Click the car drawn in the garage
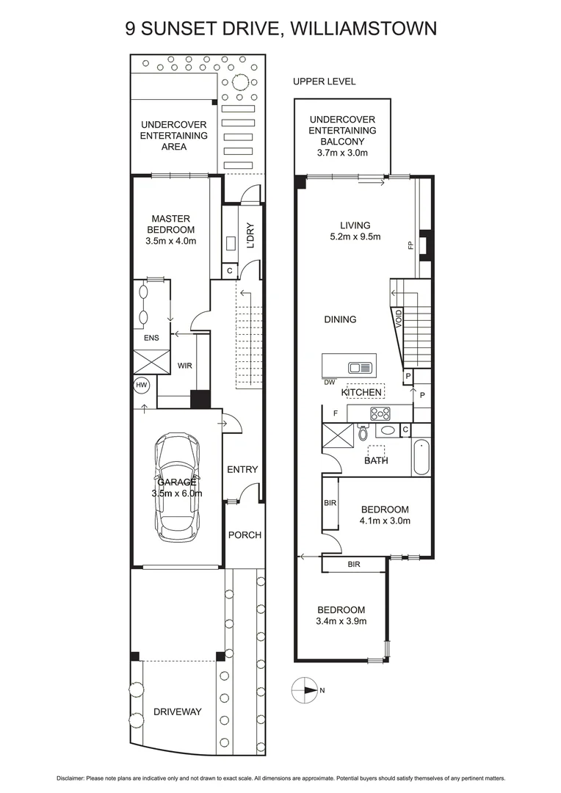[x=176, y=483]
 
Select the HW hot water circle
[x=141, y=384]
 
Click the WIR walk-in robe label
[x=184, y=365]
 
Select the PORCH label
[x=244, y=535]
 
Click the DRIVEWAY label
[x=177, y=711]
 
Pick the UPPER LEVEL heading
[x=324, y=82]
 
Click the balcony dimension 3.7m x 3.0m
[x=342, y=153]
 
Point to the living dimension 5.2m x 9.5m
[x=355, y=236]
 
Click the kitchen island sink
[x=360, y=367]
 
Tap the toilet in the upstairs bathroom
[x=362, y=433]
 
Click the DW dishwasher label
[x=329, y=381]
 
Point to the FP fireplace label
[x=410, y=247]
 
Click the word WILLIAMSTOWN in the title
[x=364, y=28]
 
